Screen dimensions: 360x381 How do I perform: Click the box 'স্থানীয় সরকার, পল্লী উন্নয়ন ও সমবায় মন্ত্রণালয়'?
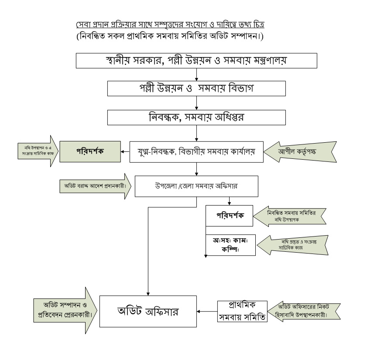coord(197,61)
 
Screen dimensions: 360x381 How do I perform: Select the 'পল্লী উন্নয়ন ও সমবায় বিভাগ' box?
coord(197,89)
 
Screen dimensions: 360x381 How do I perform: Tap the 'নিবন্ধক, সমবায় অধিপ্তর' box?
coord(197,117)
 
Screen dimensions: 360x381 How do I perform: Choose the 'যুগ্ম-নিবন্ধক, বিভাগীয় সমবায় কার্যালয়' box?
coord(197,152)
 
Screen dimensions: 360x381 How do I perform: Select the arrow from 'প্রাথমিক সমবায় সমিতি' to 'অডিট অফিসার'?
coord(207,312)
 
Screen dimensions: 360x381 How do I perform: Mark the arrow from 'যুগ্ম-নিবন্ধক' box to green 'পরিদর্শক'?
coord(126,152)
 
